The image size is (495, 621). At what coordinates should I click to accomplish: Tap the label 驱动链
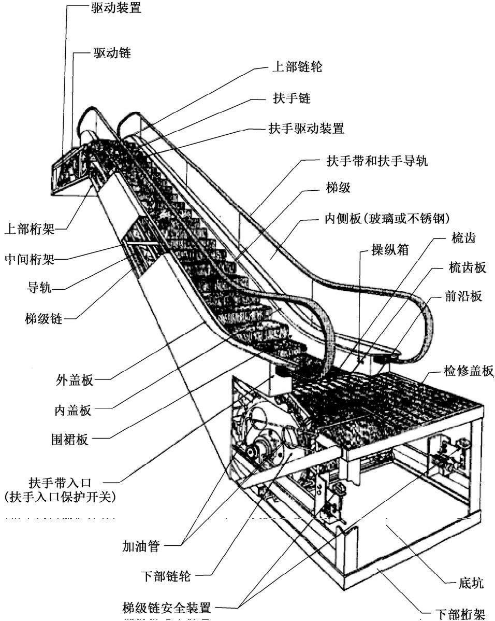(x=112, y=53)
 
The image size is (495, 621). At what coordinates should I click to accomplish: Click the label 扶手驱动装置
(x=306, y=128)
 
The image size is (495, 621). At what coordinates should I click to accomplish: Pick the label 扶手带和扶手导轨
(x=376, y=161)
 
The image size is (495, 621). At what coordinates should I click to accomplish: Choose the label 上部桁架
(x=29, y=228)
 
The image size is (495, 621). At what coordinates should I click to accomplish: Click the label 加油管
(x=140, y=546)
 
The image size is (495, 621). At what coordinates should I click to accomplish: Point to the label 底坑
(x=471, y=584)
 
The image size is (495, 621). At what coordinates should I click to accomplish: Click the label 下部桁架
(x=460, y=614)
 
